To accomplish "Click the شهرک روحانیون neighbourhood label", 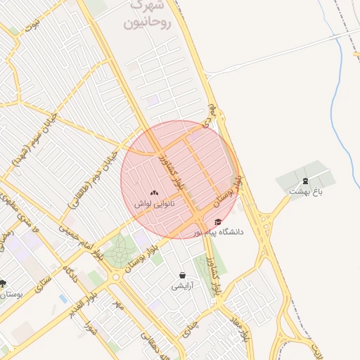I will pos(147,14).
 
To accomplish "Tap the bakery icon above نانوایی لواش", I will pos(155,192).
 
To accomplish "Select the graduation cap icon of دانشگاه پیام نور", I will pos(218,222).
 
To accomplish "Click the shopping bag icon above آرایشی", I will pos(183,275).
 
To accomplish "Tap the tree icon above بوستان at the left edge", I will pos(4,283).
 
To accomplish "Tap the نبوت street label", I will pos(30,26).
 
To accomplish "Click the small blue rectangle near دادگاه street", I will pos(64,299).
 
